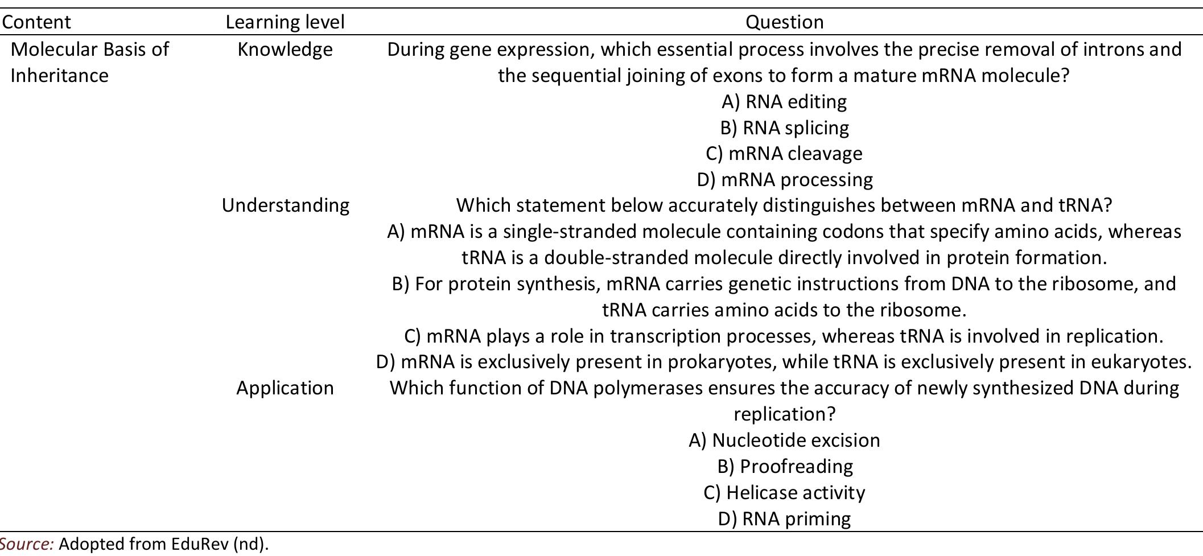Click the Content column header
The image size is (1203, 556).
(x=36, y=22)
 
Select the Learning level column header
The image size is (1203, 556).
(x=285, y=22)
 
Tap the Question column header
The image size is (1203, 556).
(x=784, y=22)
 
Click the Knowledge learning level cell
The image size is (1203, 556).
(x=285, y=50)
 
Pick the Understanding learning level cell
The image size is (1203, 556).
(x=285, y=205)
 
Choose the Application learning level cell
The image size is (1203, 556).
(x=285, y=388)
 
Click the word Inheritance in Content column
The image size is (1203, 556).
(x=59, y=76)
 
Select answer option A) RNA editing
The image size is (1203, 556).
(x=784, y=102)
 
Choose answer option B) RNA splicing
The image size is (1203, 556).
(x=784, y=128)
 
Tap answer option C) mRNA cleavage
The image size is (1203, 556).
(x=784, y=154)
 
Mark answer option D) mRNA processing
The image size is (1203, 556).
(x=784, y=180)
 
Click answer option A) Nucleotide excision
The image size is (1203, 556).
(x=784, y=440)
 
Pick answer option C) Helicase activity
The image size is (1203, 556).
(x=784, y=493)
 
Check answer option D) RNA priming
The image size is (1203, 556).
(x=784, y=519)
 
